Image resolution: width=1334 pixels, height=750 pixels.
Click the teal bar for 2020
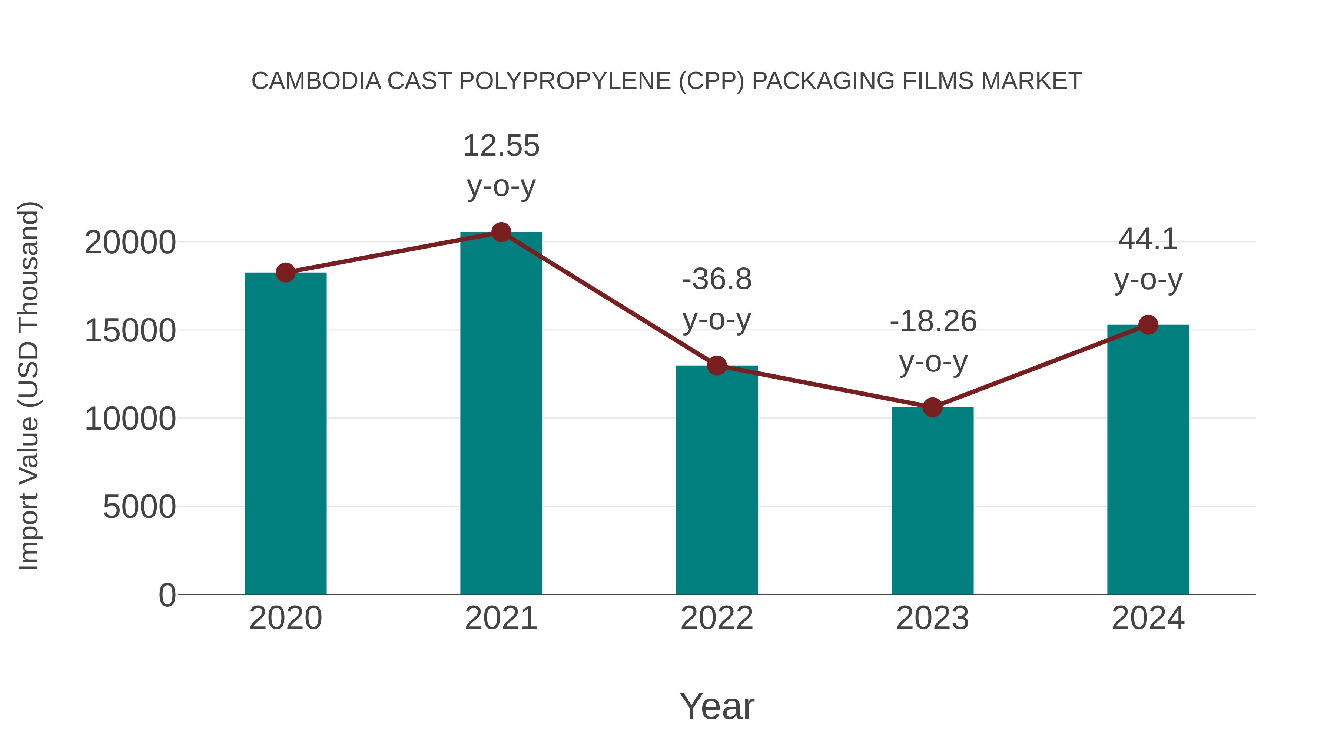(285, 435)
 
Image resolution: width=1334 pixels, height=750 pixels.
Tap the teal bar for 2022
(717, 481)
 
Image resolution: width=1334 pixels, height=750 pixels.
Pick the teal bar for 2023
(932, 502)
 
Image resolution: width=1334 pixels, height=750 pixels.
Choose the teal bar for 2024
(1148, 461)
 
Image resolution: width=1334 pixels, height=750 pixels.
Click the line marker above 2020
(285, 272)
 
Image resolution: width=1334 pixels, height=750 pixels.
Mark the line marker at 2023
(932, 407)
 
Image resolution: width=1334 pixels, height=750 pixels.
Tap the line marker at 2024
(1148, 324)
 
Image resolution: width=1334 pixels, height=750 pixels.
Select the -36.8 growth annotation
(717, 280)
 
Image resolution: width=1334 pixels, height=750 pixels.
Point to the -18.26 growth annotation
(933, 321)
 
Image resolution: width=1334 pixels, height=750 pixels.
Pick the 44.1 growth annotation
(1148, 239)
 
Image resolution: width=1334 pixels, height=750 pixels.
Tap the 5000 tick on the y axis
(139, 507)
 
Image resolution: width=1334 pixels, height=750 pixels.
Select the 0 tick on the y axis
(167, 595)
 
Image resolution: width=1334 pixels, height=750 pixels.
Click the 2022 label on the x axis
(717, 619)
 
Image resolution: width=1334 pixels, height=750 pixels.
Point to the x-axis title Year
(717, 706)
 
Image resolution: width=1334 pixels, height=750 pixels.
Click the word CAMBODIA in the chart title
(316, 81)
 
